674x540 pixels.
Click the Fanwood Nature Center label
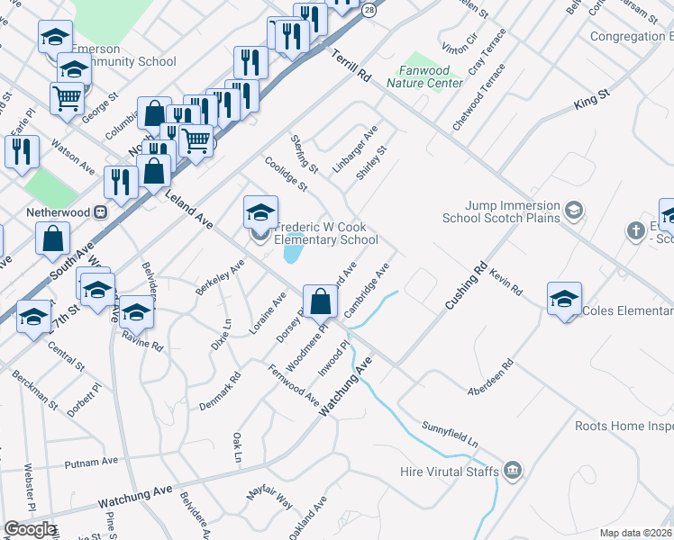424,76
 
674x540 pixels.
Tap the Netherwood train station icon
101,213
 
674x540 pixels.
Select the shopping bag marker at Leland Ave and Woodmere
320,301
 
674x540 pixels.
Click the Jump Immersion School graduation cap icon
572,211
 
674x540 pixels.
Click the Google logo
30,529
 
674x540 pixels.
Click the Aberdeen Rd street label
490,378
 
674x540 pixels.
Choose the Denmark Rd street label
220,392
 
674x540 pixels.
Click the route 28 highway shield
369,10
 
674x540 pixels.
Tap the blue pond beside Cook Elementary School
293,250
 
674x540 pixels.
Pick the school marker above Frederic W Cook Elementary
260,212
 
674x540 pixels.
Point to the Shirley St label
371,162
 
